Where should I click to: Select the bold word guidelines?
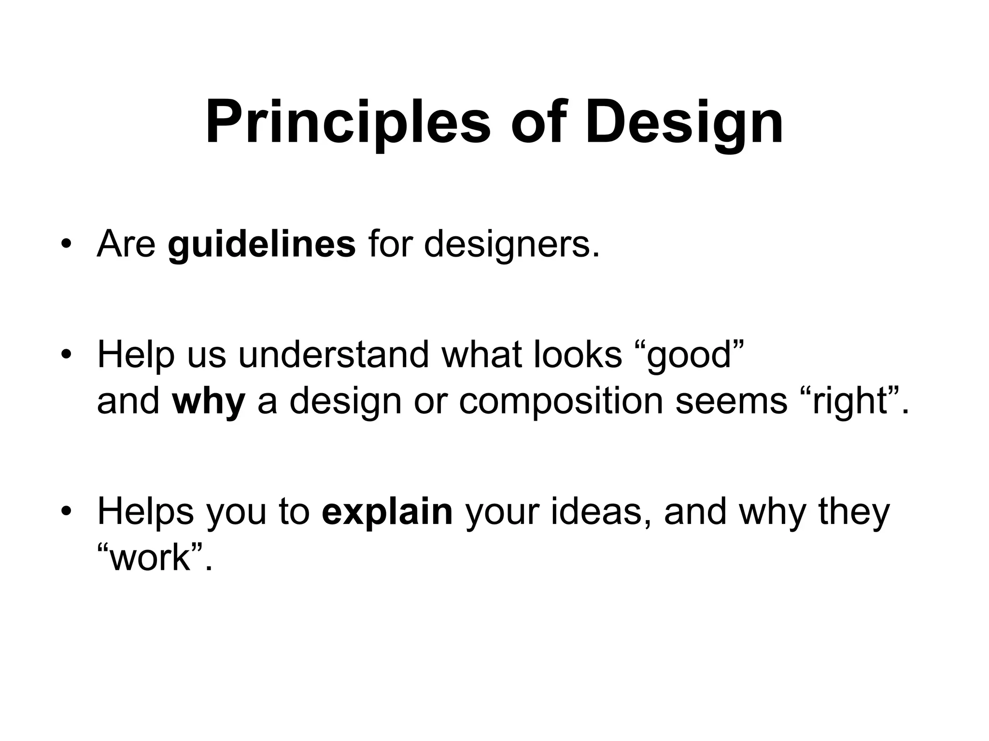click(x=262, y=245)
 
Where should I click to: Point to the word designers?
click(x=511, y=245)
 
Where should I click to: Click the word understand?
click(x=333, y=355)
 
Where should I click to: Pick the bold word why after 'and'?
click(x=209, y=401)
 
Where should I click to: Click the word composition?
click(x=561, y=401)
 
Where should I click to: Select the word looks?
click(x=578, y=355)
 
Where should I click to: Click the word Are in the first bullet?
click(x=127, y=245)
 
